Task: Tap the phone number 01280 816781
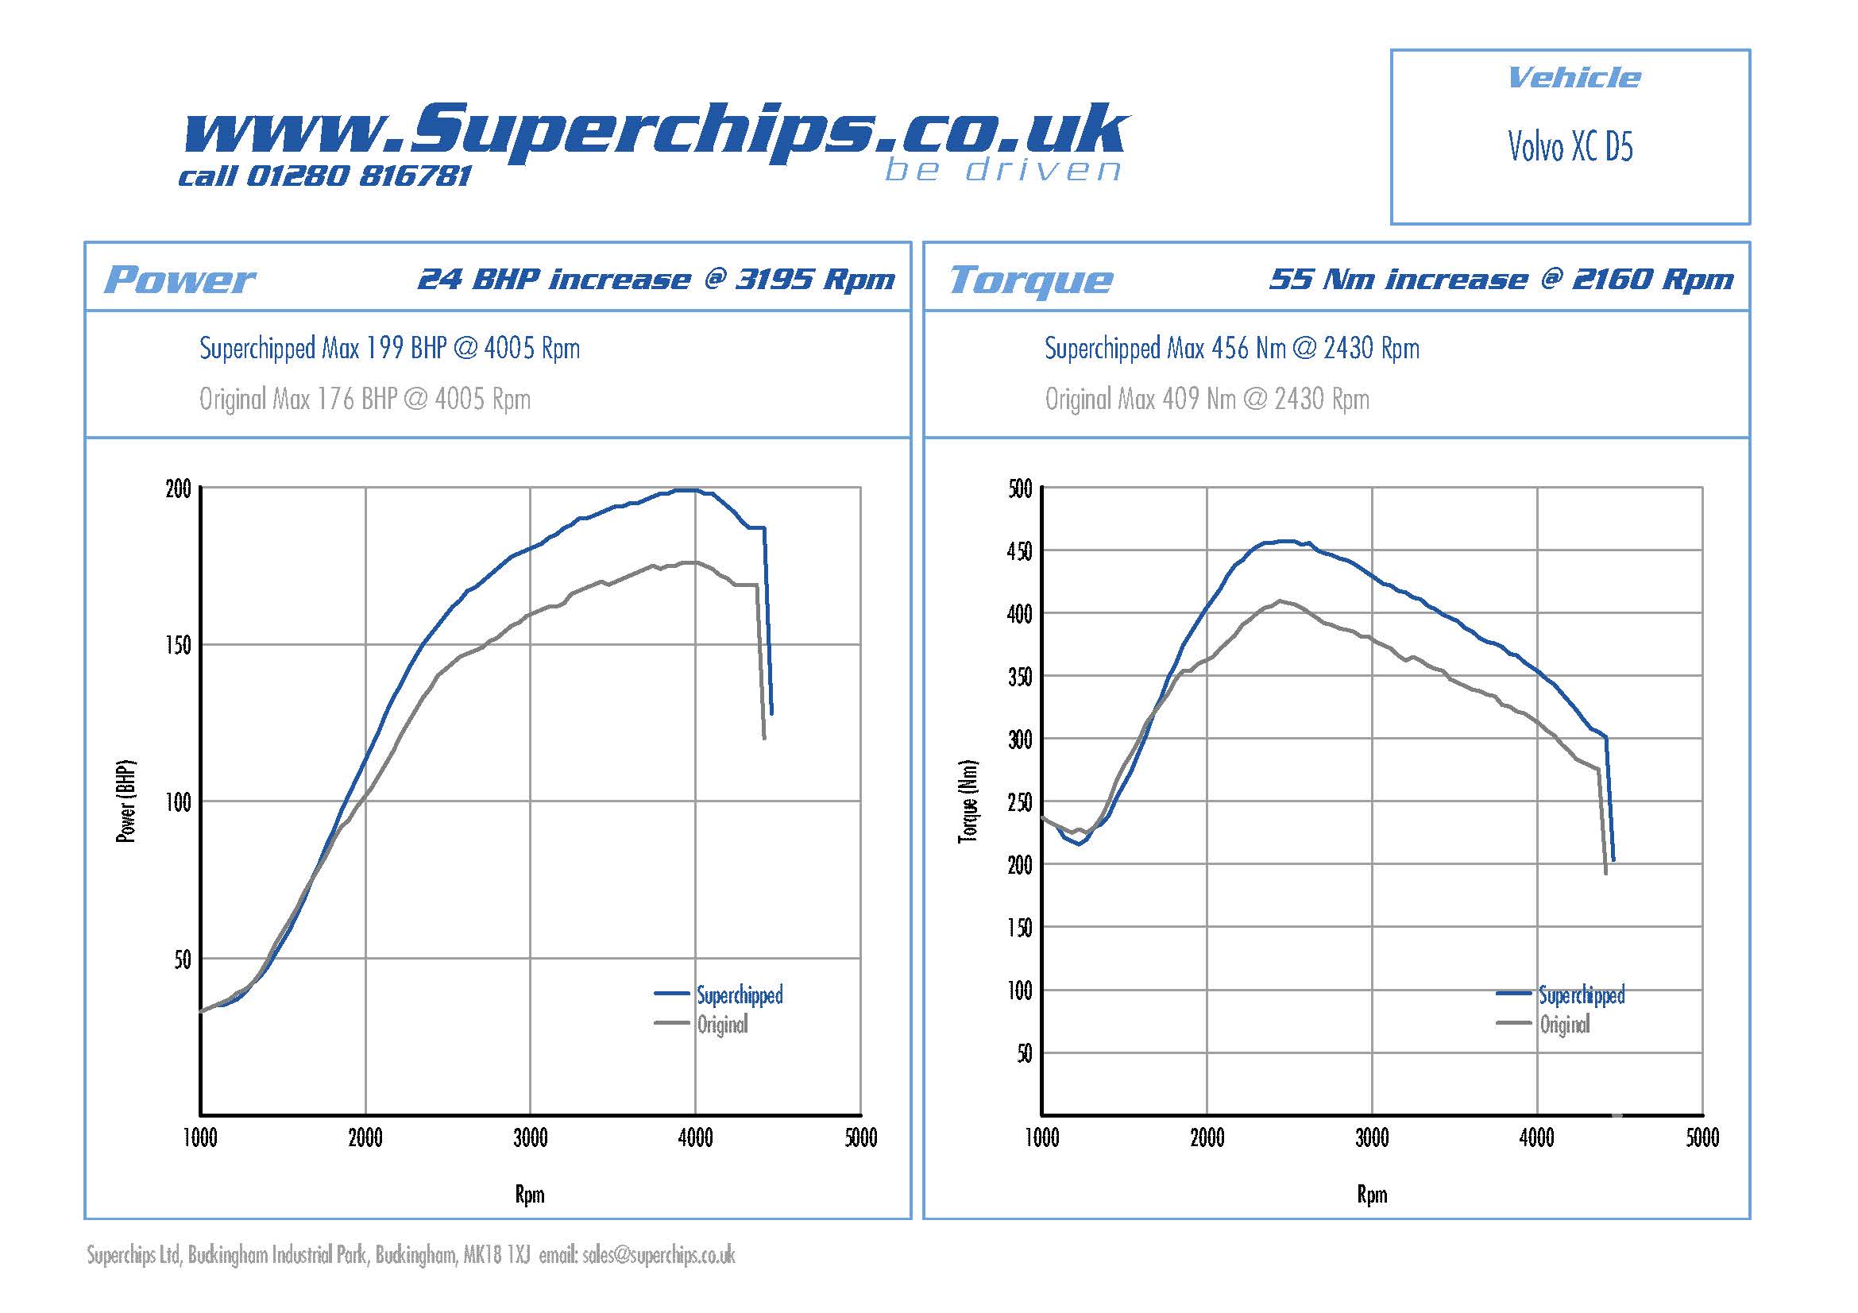[x=357, y=176]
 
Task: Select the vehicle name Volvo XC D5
[x=1570, y=147]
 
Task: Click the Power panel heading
[x=179, y=280]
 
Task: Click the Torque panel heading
[x=1030, y=280]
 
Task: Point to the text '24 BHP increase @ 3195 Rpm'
[x=656, y=279]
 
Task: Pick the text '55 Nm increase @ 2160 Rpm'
[x=1501, y=279]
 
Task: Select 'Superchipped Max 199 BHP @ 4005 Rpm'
[x=389, y=349]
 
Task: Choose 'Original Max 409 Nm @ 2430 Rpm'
[x=1207, y=399]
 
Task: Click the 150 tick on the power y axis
[x=179, y=646]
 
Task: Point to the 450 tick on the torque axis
[x=1020, y=552]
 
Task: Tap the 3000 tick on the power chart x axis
[x=530, y=1138]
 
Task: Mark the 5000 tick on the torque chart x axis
[x=1702, y=1138]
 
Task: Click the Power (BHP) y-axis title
[x=126, y=801]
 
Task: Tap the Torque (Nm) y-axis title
[x=968, y=801]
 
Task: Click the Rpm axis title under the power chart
[x=530, y=1194]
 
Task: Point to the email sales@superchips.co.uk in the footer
[x=658, y=1255]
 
